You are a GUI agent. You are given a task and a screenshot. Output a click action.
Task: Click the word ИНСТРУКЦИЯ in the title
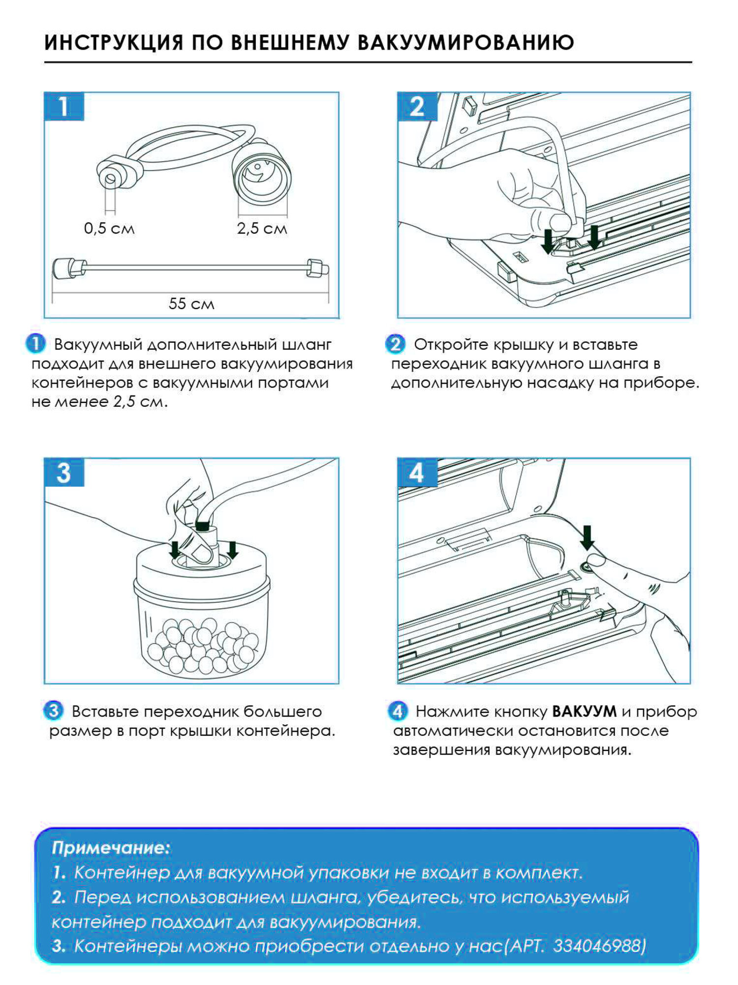click(114, 42)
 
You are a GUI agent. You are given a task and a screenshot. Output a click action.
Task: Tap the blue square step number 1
click(64, 106)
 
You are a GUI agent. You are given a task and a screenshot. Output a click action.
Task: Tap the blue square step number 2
click(417, 106)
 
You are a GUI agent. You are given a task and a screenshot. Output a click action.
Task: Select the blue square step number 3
click(64, 473)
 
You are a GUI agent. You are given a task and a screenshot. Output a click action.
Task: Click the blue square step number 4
click(417, 473)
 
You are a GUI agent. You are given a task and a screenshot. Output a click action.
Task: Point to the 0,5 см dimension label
click(109, 229)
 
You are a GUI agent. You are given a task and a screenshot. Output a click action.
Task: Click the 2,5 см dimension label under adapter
click(262, 229)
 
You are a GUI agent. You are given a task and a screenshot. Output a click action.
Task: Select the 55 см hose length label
click(191, 303)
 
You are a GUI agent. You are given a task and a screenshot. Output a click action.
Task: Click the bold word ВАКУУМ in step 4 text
click(584, 712)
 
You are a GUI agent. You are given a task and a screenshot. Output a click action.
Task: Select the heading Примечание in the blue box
click(111, 848)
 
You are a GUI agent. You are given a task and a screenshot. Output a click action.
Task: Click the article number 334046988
click(599, 946)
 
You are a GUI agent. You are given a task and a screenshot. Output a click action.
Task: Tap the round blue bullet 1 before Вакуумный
click(35, 344)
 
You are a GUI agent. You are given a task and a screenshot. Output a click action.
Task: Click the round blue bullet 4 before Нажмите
click(398, 711)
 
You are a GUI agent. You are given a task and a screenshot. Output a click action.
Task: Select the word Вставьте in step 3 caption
click(105, 712)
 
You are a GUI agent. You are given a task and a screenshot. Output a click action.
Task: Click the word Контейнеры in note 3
click(128, 946)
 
